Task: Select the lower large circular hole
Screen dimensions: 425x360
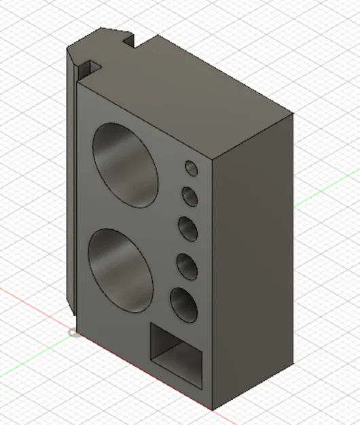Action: tap(121, 268)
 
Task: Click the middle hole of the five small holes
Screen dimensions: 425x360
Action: tap(188, 228)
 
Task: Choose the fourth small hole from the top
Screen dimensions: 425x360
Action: tap(187, 265)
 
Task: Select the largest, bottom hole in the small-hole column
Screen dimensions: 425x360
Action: tap(183, 304)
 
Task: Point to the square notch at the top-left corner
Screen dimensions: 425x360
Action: tap(88, 68)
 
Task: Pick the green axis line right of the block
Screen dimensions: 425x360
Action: tap(326, 190)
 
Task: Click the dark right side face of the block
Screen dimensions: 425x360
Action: tap(253, 272)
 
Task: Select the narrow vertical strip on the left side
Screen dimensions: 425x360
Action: tap(73, 184)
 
